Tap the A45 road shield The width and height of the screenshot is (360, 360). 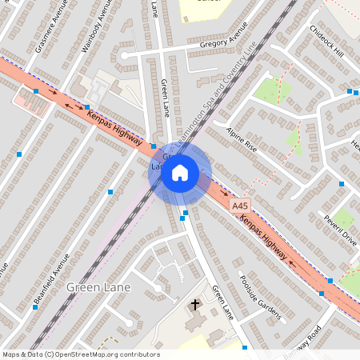point(239,206)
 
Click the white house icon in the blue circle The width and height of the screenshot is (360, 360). point(180,173)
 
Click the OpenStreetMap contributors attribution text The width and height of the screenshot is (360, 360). point(80,354)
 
